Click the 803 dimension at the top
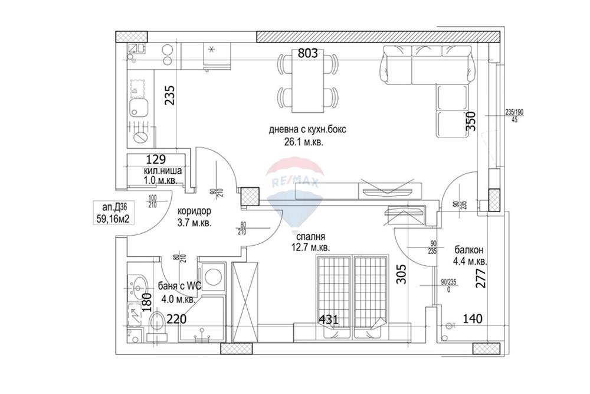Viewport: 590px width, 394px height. [307, 54]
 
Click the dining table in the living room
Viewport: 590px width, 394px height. [307, 82]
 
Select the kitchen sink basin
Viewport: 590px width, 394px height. [139, 108]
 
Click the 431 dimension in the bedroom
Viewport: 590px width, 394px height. [328, 320]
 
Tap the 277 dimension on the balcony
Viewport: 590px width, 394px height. [481, 278]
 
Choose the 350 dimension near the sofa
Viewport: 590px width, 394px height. [470, 122]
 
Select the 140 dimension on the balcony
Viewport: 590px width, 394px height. [472, 319]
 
